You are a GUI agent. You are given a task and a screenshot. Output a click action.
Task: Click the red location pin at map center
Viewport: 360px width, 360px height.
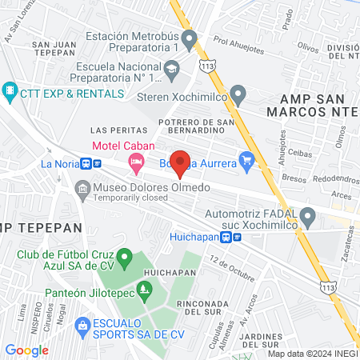point(181,162)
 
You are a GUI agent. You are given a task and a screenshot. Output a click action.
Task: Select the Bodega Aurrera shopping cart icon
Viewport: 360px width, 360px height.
point(247,163)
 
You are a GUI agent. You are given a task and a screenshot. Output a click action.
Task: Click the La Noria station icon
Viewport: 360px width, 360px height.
point(96,163)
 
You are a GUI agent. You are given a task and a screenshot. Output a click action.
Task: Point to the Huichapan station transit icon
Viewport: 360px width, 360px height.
point(232,237)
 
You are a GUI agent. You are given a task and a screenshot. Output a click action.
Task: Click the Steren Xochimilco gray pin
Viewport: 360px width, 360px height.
point(237,93)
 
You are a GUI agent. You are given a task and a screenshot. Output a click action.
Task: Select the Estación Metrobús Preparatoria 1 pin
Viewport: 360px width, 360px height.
point(189,38)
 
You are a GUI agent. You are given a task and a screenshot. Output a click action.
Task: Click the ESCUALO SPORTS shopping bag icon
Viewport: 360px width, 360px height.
point(82,325)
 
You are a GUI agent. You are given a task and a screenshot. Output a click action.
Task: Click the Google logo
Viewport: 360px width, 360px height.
point(26,350)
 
